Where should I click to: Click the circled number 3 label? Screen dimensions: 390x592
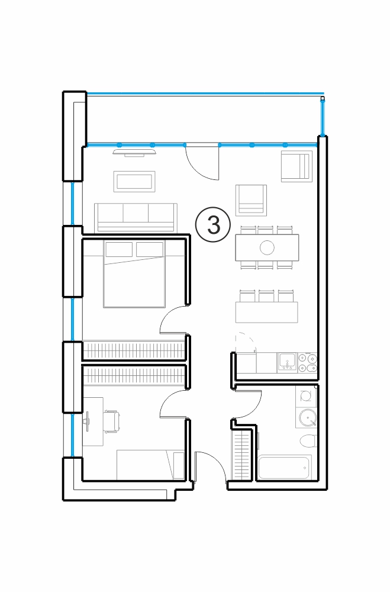tap(212, 224)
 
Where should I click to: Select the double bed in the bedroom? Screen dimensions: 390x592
tap(134, 274)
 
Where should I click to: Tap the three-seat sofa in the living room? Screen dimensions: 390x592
tap(136, 217)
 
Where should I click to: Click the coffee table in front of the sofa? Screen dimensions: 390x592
tap(134, 182)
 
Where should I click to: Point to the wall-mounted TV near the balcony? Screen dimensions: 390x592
tap(135, 152)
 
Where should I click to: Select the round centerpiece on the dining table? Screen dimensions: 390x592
tap(267, 247)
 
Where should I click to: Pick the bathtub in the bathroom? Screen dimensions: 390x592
tap(285, 468)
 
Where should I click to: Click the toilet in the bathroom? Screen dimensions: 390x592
tap(308, 440)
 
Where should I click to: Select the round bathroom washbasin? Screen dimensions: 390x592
tap(307, 418)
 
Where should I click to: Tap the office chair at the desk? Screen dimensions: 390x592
tap(112, 421)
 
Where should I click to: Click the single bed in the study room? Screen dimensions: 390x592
tap(150, 465)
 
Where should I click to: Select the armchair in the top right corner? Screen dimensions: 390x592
tap(296, 166)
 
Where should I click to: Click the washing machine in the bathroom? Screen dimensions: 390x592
tap(306, 396)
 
